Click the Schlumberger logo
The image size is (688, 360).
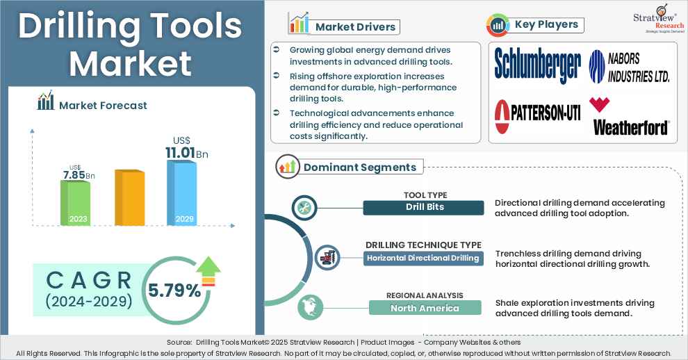point(537,65)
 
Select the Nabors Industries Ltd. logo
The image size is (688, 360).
point(629,67)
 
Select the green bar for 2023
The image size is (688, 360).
point(74,202)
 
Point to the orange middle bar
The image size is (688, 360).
point(129,197)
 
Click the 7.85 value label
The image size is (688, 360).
point(74,175)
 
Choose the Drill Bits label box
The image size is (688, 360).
point(424,208)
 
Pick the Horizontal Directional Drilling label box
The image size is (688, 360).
point(424,259)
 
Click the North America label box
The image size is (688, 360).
point(424,308)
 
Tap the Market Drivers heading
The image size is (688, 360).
point(354,27)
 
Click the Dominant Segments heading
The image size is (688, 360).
point(359,167)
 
